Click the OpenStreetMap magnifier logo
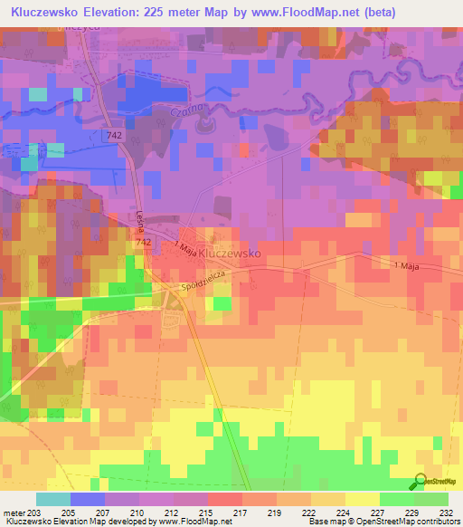point(420,483)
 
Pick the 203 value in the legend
point(33,512)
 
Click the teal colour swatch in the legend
point(52,499)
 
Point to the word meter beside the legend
point(13,512)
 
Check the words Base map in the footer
point(324,522)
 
